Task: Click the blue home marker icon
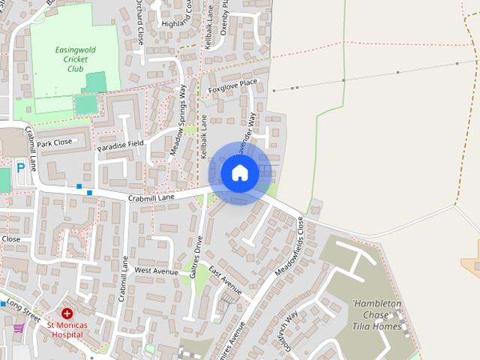coord(240,173)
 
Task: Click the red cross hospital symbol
coord(67,313)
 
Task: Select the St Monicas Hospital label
coord(67,330)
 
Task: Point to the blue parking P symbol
coord(20,168)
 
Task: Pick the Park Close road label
coord(54,142)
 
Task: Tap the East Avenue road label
coord(225,279)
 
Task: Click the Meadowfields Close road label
coord(289,244)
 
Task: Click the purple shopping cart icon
coord(18,328)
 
